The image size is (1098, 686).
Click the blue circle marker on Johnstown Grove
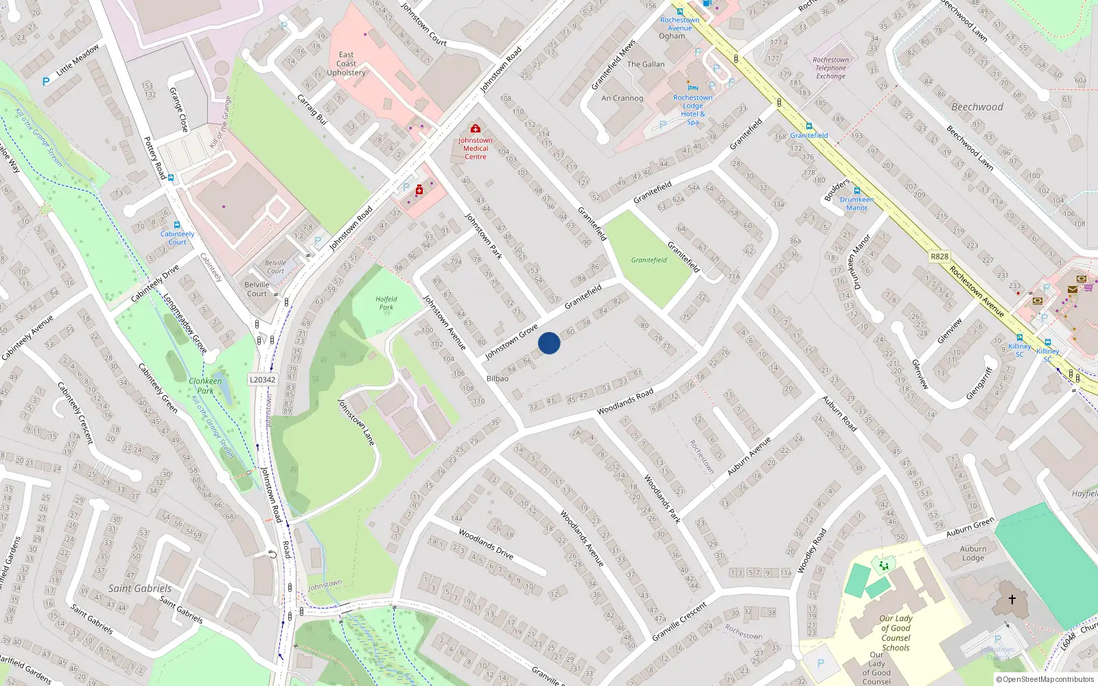[x=549, y=343]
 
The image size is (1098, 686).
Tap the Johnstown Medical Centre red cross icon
[x=475, y=128]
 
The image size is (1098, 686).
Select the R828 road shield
[x=939, y=257]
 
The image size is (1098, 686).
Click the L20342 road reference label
[x=262, y=379]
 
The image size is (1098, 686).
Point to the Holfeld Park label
[x=386, y=303]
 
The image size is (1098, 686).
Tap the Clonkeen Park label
[x=205, y=386]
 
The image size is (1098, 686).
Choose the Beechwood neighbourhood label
[x=977, y=107]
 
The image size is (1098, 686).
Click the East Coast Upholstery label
[x=346, y=64]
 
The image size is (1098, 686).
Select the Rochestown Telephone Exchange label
[x=830, y=68]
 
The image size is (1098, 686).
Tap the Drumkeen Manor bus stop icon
[x=857, y=191]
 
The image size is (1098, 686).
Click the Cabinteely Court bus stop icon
[x=177, y=225]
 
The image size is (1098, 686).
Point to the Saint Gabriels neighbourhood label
[x=140, y=589]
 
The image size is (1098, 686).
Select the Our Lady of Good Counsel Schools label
[x=896, y=632]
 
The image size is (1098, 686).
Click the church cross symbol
[x=1012, y=600]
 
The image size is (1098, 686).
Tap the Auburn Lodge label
[x=973, y=553]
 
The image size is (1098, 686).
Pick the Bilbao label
[x=498, y=379]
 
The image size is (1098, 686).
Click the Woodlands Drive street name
[x=486, y=543]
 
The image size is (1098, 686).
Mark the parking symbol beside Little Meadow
[x=46, y=82]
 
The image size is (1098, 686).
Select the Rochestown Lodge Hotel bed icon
[x=692, y=88]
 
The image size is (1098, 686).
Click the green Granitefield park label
[x=649, y=260]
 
